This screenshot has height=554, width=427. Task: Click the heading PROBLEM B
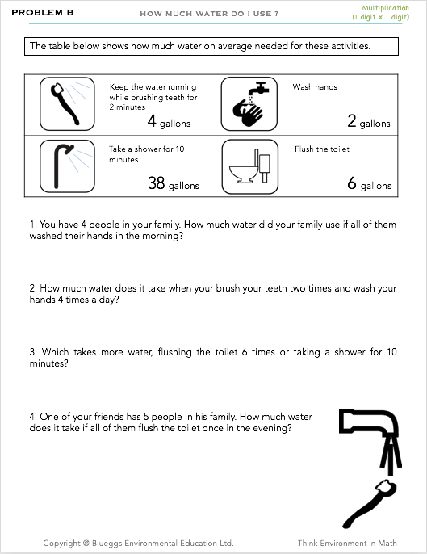(x=43, y=12)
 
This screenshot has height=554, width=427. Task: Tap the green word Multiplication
(x=385, y=8)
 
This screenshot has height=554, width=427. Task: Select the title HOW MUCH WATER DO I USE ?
(x=209, y=14)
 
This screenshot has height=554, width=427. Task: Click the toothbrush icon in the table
(x=67, y=104)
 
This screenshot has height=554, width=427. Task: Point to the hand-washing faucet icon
(x=249, y=104)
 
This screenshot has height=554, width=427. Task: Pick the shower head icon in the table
(x=67, y=166)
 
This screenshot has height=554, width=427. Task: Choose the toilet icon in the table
(x=249, y=166)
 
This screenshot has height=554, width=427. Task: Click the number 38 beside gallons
(x=157, y=183)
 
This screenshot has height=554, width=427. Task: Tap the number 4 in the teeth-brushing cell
(x=152, y=120)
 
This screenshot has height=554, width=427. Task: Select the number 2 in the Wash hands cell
(x=351, y=121)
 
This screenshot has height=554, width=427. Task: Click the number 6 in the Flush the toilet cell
(x=352, y=183)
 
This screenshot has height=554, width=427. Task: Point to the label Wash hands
(x=315, y=87)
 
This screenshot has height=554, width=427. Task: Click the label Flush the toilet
(x=322, y=149)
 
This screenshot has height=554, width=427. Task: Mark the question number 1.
(x=33, y=225)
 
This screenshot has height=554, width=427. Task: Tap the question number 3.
(x=33, y=352)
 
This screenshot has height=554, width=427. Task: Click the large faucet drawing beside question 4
(x=370, y=442)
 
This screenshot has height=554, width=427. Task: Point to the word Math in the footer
(x=387, y=543)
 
